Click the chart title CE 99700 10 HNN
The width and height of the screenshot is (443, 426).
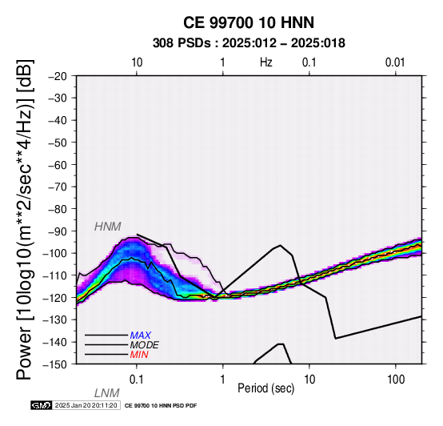click(x=249, y=22)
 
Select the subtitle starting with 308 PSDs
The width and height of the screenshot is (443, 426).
click(x=249, y=43)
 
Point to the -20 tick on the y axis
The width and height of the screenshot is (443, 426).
click(x=58, y=76)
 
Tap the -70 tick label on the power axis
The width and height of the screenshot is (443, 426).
click(x=58, y=187)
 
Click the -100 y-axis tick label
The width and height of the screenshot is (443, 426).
click(x=55, y=253)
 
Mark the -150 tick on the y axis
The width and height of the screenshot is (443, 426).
click(x=55, y=364)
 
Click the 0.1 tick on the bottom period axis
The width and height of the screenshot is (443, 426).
click(x=137, y=380)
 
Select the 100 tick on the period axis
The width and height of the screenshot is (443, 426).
click(x=396, y=380)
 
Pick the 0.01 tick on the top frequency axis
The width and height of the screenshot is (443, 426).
click(x=395, y=62)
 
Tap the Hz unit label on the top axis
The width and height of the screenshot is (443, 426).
click(x=265, y=62)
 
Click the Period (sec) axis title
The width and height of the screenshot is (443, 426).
click(x=265, y=388)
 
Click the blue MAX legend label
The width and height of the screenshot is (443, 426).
click(x=141, y=336)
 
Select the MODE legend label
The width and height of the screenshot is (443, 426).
click(x=145, y=345)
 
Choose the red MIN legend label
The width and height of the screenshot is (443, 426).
click(x=139, y=355)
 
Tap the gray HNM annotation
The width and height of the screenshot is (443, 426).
click(x=108, y=227)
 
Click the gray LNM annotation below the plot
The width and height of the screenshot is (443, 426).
click(x=107, y=393)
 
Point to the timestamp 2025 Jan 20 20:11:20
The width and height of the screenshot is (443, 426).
click(x=86, y=405)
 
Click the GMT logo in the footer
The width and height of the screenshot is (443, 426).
click(x=42, y=405)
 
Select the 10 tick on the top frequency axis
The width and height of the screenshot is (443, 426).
click(x=137, y=62)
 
